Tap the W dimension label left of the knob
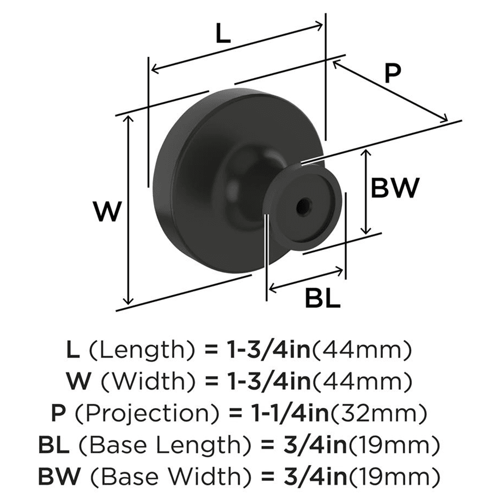(x=108, y=212)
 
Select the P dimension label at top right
(x=393, y=74)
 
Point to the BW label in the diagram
(x=394, y=189)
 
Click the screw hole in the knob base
(x=303, y=206)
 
